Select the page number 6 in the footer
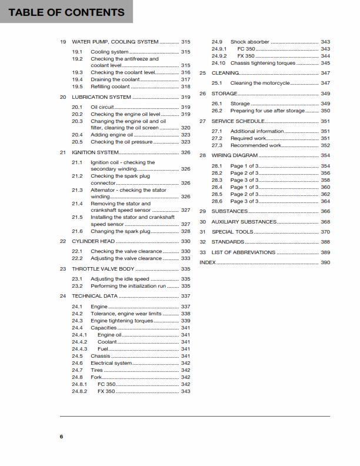click(61, 436)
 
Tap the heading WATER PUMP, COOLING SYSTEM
click(115, 42)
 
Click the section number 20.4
click(77, 135)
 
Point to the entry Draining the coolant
click(115, 79)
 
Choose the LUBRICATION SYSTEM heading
click(101, 97)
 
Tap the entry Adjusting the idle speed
click(119, 279)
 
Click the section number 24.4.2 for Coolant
click(79, 342)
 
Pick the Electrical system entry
click(111, 363)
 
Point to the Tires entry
click(97, 370)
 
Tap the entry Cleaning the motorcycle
click(260, 84)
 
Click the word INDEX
click(208, 262)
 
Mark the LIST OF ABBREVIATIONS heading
click(243, 252)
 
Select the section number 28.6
click(217, 201)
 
